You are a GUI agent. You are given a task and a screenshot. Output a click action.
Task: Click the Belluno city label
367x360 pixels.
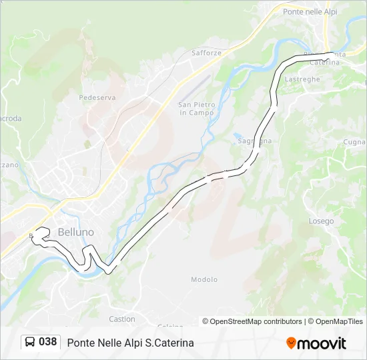pyautogui.click(x=76, y=232)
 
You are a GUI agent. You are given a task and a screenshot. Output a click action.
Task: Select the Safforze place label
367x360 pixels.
pyautogui.click(x=206, y=53)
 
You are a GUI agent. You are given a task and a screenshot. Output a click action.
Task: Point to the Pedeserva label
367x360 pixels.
pyautogui.click(x=97, y=97)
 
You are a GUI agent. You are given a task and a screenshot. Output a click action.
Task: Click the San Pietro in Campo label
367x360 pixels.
pyautogui.click(x=197, y=109)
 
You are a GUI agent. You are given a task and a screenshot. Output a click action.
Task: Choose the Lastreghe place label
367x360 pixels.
pyautogui.click(x=302, y=79)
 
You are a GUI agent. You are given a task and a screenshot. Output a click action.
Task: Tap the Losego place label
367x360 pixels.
pyautogui.click(x=321, y=221)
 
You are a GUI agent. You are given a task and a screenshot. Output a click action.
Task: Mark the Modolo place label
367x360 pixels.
pyautogui.click(x=204, y=280)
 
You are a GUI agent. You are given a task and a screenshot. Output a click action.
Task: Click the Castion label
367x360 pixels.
pyautogui.click(x=122, y=319)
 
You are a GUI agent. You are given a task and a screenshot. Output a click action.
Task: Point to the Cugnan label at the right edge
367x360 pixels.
pyautogui.click(x=354, y=142)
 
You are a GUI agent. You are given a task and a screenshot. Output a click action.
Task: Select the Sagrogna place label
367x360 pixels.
pyautogui.click(x=254, y=141)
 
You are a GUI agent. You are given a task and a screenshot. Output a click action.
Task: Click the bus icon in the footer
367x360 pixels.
pyautogui.click(x=30, y=342)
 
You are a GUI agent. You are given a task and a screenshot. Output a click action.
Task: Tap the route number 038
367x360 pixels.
pyautogui.click(x=48, y=342)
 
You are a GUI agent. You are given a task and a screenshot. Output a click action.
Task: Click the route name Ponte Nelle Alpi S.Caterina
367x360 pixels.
pyautogui.click(x=130, y=343)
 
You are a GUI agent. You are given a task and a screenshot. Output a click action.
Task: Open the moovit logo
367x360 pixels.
pyautogui.click(x=316, y=343)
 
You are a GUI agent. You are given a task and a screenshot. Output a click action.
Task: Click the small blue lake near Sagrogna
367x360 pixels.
pyautogui.click(x=239, y=138)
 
